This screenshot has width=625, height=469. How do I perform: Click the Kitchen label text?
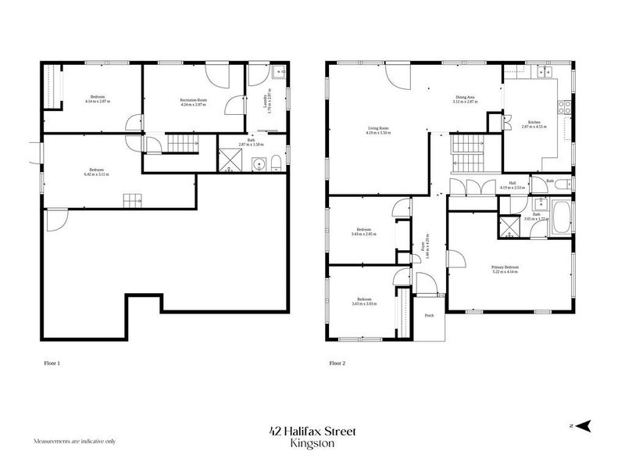pyautogui.click(x=534, y=122)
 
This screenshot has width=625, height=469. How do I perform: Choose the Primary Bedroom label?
pyautogui.click(x=506, y=267)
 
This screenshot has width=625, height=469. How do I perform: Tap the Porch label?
pyautogui.click(x=429, y=317)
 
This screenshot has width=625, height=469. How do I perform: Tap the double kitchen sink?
pyautogui.click(x=541, y=73)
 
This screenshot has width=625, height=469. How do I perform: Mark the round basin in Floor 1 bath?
pyautogui.click(x=257, y=163)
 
